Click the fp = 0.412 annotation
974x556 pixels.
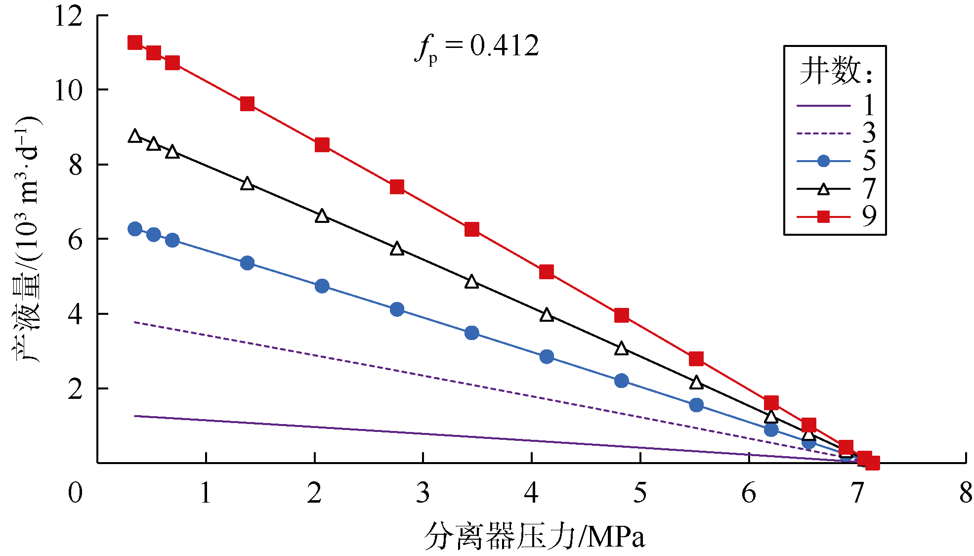coord(477,47)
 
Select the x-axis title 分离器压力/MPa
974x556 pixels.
coord(535,536)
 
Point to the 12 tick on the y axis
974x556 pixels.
coord(69,16)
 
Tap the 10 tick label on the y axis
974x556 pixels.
coord(69,90)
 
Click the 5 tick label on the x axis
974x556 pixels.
coord(640,493)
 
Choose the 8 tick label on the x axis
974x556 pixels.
coord(966,493)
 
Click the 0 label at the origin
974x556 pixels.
coord(75,493)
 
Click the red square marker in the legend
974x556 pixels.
coord(823,216)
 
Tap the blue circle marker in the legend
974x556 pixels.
coord(823,161)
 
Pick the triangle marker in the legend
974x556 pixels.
coord(823,189)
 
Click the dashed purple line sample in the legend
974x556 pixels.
coord(823,133)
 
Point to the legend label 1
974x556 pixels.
coord(869,105)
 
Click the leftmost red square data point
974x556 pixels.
coord(135,43)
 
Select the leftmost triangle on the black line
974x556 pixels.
coord(135,136)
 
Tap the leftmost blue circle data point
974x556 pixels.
coord(135,229)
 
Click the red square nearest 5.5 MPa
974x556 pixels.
coord(696,359)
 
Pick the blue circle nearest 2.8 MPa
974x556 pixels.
coord(397,309)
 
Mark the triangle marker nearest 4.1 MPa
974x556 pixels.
coord(547,315)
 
